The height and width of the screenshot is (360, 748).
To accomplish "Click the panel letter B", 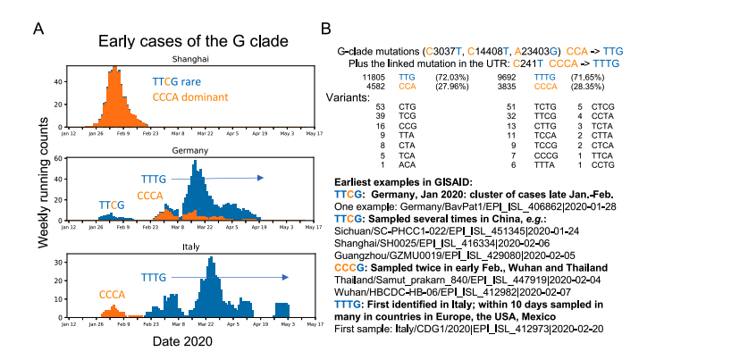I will coord(326,29).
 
